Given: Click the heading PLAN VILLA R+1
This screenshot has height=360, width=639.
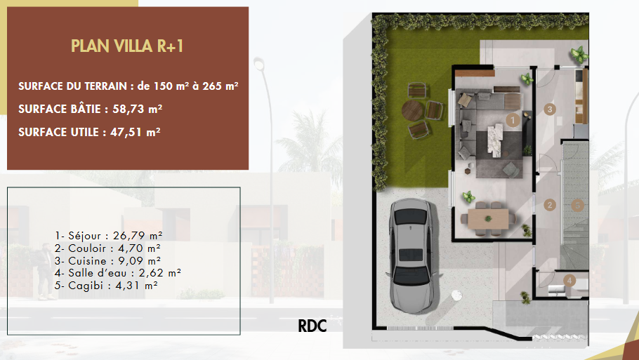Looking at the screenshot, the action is coord(127,46).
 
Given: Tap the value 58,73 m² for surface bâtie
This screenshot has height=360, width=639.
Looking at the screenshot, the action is coord(138,109).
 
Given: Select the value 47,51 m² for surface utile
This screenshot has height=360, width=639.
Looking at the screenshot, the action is coord(136,133).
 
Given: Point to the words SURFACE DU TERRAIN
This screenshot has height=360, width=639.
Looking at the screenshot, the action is coord(72,86).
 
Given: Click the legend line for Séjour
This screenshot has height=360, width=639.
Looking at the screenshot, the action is coord(109,236).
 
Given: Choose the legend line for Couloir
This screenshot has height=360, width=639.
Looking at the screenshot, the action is coord(107,248).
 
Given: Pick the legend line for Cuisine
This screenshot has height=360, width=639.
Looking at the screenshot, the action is coord(107,260).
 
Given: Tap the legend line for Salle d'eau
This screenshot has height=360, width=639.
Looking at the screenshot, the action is coord(118,273).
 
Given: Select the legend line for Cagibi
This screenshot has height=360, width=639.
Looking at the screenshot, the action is coord(106,286).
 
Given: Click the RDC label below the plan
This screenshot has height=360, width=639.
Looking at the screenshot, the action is coord(312,326).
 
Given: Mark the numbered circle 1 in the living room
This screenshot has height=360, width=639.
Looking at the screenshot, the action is coord(513,120).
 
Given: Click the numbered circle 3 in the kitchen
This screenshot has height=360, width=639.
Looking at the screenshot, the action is coord(550,109).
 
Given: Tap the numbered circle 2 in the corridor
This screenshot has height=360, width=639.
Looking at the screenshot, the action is coord(550,205).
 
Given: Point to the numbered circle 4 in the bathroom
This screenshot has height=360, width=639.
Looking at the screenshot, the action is coord(569,280).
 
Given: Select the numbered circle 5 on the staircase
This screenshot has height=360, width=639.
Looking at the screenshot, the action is coord(577,205).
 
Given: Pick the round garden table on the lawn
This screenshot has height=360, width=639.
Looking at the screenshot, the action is coord(412,111).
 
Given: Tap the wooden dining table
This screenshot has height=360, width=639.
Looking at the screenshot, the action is coord(488,219).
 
